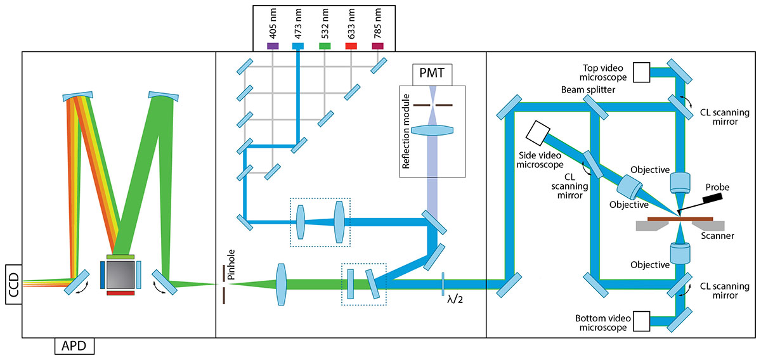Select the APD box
coord(74,346)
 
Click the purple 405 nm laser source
coord(272,46)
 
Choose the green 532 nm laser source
coord(325,46)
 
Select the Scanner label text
coord(719,236)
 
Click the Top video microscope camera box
coord(642,72)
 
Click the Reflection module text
coord(406,141)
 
